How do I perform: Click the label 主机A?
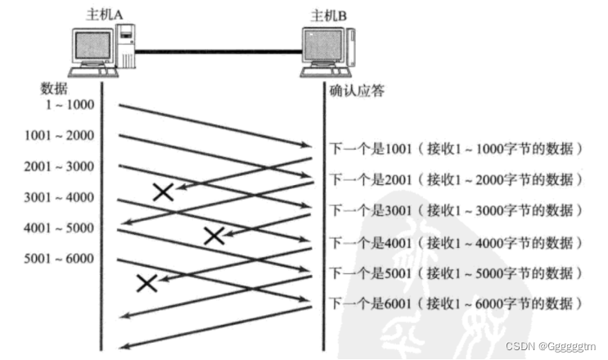[x=105, y=14]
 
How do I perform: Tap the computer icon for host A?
[x=101, y=50]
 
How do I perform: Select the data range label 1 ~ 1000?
[x=70, y=105]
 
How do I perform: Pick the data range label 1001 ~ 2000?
[x=59, y=136]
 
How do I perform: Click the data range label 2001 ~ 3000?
[x=59, y=167]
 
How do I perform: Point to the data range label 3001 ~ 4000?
[x=59, y=197]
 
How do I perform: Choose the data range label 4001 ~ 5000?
[x=59, y=228]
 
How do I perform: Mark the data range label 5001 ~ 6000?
[x=59, y=259]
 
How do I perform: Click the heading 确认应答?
[x=356, y=90]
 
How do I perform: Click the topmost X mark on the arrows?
[x=164, y=191]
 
